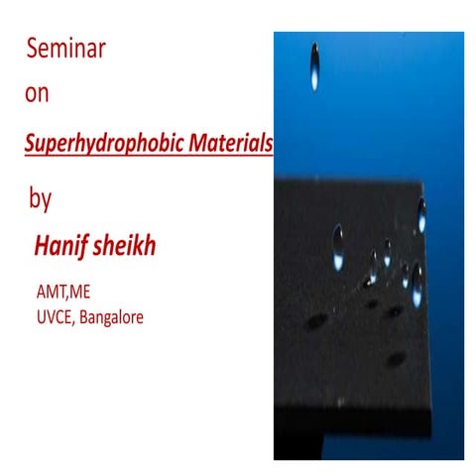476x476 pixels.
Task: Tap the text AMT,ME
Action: pyautogui.click(x=61, y=292)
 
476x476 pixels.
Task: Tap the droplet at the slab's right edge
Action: pyautogui.click(x=421, y=212)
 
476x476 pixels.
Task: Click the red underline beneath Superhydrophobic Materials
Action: pyautogui.click(x=149, y=156)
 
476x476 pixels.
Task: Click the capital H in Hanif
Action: pyautogui.click(x=41, y=243)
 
